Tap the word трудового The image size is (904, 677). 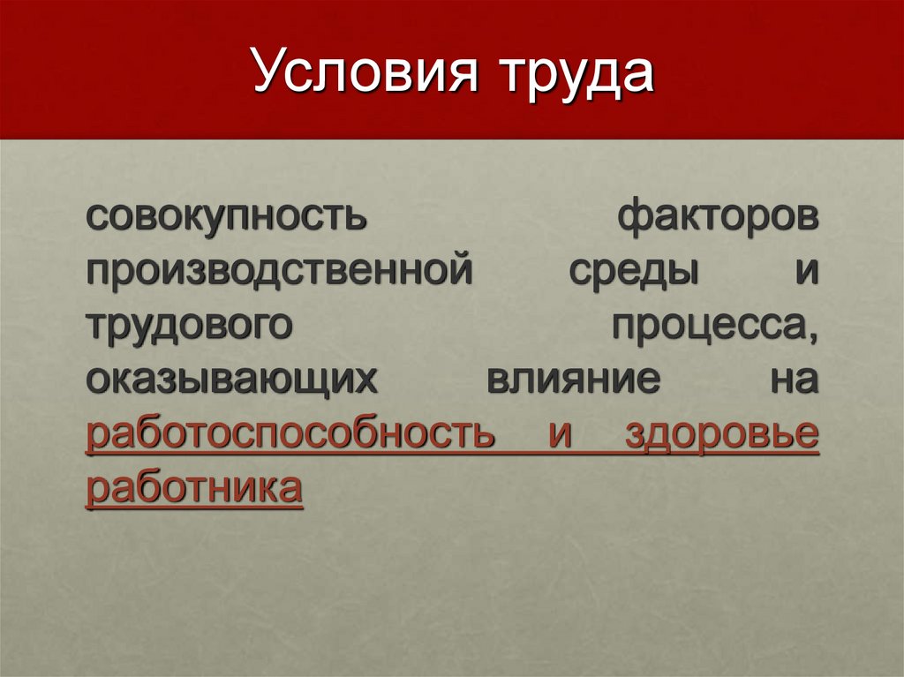pyautogui.click(x=189, y=325)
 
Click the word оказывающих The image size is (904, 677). pyautogui.click(x=226, y=380)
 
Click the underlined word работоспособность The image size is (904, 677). pyautogui.click(x=290, y=434)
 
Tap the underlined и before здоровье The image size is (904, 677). pyautogui.click(x=560, y=434)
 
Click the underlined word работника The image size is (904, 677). pyautogui.click(x=194, y=488)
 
